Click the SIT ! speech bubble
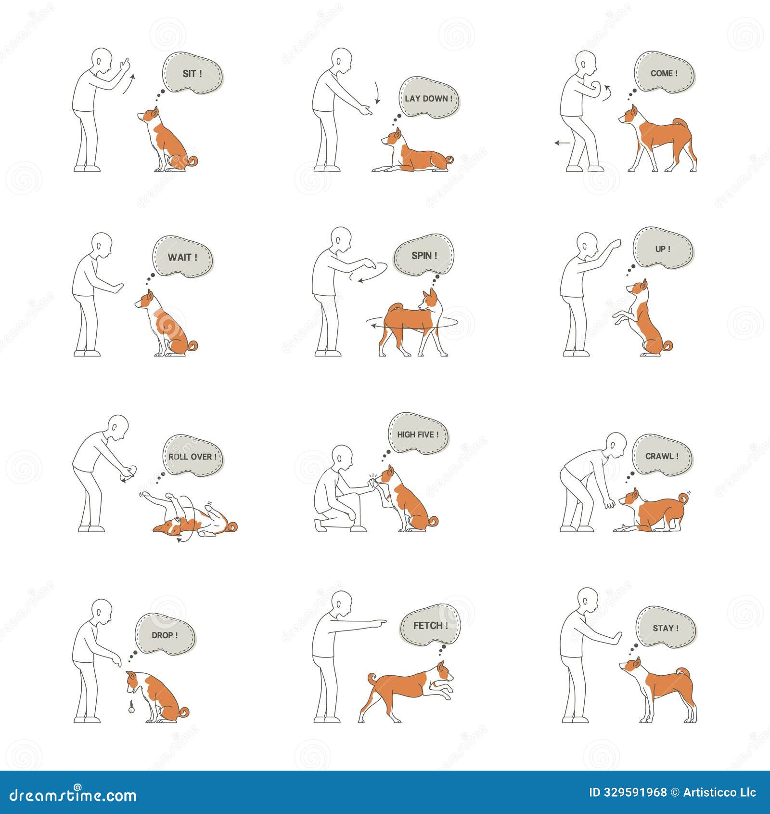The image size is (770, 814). coord(192,74)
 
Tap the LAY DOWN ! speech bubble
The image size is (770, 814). coord(429,98)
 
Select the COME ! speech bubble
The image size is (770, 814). coord(664,73)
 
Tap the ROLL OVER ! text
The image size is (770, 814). coord(192,457)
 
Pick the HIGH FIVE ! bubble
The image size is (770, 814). coord(418,434)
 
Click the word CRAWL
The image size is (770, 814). coord(659,456)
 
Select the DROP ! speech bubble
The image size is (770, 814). coord(165,635)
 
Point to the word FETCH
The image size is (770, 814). coord(427,626)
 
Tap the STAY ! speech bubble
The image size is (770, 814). coord(666,628)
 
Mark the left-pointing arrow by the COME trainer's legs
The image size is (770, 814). coord(562,143)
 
